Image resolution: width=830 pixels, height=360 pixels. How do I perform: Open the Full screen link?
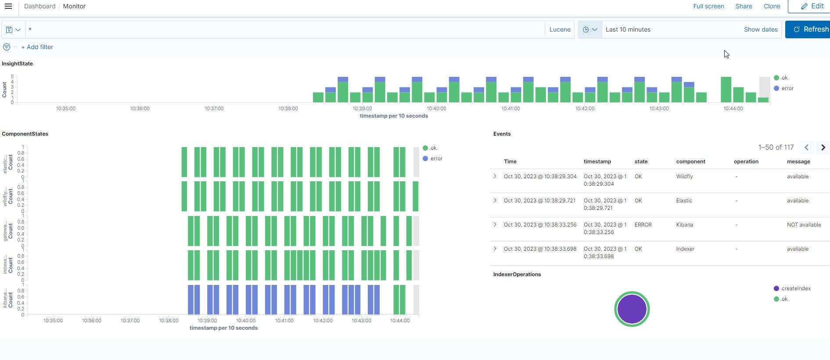point(708,6)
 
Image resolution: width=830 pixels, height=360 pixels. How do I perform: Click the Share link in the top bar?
point(744,6)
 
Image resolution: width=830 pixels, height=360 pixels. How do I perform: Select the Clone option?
point(772,6)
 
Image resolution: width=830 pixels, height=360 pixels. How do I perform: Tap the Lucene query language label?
point(560,29)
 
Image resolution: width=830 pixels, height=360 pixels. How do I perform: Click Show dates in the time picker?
point(760,29)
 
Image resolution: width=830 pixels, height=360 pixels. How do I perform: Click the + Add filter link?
point(37,47)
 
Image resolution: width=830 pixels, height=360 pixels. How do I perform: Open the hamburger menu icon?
point(8,6)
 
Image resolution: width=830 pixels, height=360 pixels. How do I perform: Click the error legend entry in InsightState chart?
point(787,88)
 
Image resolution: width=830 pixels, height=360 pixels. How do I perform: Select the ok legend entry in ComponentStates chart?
point(433,148)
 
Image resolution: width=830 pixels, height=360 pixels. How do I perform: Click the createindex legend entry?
point(795,288)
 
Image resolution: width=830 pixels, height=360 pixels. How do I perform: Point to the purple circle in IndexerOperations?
point(632,309)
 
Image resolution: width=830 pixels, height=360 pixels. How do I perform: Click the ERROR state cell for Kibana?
point(643,225)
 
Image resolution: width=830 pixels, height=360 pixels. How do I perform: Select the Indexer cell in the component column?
point(685,249)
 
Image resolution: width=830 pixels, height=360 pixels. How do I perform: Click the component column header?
point(690,162)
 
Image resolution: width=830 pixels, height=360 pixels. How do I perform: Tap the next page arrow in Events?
point(823,148)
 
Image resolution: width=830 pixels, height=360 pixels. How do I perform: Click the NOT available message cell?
point(804,225)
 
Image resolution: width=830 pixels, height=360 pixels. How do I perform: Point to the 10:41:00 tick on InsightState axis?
point(510,108)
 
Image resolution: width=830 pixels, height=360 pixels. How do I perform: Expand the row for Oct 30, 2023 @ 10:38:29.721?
point(495,200)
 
